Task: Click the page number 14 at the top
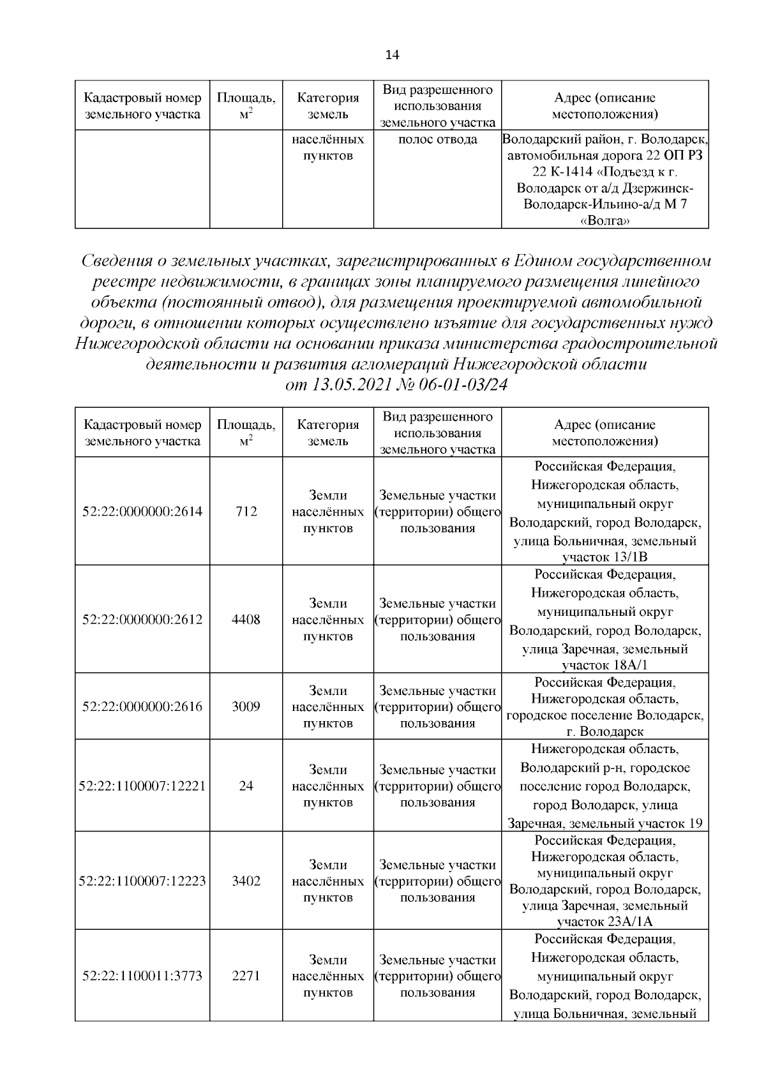click(x=392, y=55)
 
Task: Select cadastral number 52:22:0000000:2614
click(x=142, y=511)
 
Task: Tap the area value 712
click(x=246, y=511)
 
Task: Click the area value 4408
click(x=246, y=620)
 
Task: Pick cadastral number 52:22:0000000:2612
click(x=142, y=620)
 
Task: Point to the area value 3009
click(x=246, y=706)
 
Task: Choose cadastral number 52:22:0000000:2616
click(x=142, y=706)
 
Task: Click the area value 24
click(x=246, y=786)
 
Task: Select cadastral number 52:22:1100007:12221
click(x=142, y=786)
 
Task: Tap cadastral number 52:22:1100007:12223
click(x=142, y=881)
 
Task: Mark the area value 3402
click(x=246, y=881)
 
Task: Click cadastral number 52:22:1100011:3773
click(x=142, y=976)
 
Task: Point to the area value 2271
click(x=246, y=976)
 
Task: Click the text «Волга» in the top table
click(x=604, y=221)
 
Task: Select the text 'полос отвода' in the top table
click(x=437, y=139)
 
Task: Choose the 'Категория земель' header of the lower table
click(x=328, y=432)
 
